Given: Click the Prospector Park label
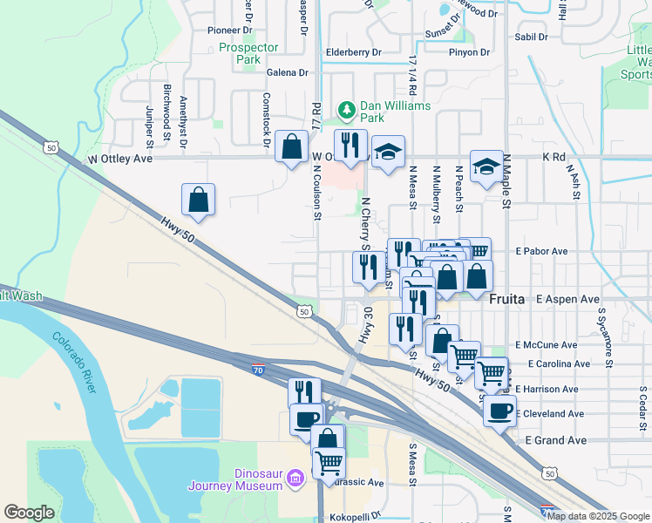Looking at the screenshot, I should click(248, 54).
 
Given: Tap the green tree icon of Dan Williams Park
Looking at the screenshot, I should click(347, 108).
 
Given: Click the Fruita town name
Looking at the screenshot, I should click(506, 298).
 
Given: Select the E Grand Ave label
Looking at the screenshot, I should click(556, 440).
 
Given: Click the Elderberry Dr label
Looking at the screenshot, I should click(353, 52).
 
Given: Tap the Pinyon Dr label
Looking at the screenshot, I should click(470, 52).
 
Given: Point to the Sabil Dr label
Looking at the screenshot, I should click(531, 37).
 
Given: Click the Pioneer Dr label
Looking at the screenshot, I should click(229, 30).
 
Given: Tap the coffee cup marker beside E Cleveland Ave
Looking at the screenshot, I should click(499, 411).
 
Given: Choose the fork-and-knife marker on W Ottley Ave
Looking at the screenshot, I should click(350, 146).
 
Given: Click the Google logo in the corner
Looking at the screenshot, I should click(29, 513).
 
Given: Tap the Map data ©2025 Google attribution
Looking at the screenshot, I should click(598, 516).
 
